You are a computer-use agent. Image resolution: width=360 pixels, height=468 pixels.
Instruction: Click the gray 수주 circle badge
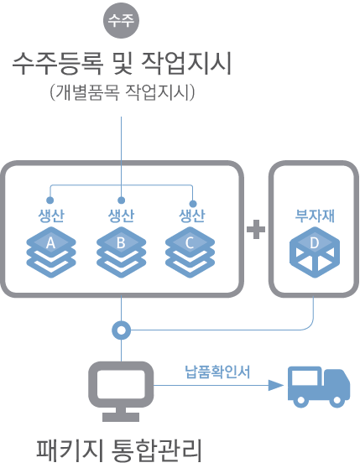tap(121, 22)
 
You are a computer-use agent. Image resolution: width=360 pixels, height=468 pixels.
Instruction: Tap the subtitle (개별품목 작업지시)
tap(123, 92)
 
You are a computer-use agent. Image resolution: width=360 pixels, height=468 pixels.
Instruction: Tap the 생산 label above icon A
tap(50, 215)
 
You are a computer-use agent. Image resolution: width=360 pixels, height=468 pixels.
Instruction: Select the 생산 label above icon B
tap(121, 215)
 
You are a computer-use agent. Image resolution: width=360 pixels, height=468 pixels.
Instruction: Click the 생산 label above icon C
tap(191, 215)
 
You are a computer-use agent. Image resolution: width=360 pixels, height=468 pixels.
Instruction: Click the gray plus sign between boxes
tap(256, 229)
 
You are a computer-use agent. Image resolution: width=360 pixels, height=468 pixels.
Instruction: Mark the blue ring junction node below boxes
tap(122, 330)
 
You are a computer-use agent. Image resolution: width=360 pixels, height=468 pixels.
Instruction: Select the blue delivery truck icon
tap(318, 387)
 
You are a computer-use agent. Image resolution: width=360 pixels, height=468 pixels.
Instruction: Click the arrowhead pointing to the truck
tap(274, 386)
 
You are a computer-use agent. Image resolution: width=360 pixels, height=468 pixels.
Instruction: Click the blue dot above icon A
tap(50, 201)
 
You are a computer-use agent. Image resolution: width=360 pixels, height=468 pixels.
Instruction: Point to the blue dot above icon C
tap(192, 202)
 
